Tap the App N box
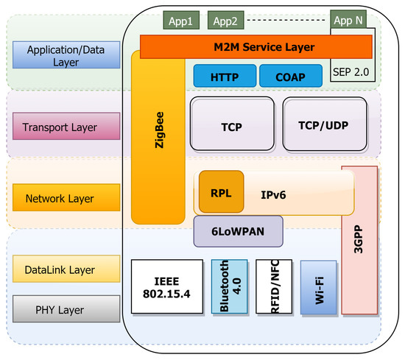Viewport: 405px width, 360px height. click(x=348, y=21)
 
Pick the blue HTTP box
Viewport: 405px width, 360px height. click(x=225, y=76)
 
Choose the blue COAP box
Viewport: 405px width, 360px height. click(x=290, y=76)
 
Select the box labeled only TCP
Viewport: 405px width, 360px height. click(x=231, y=127)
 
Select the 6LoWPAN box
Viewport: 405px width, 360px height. click(x=238, y=230)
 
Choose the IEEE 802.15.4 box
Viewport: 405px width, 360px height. click(x=166, y=286)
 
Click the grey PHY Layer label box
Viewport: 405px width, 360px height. click(x=66, y=308)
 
